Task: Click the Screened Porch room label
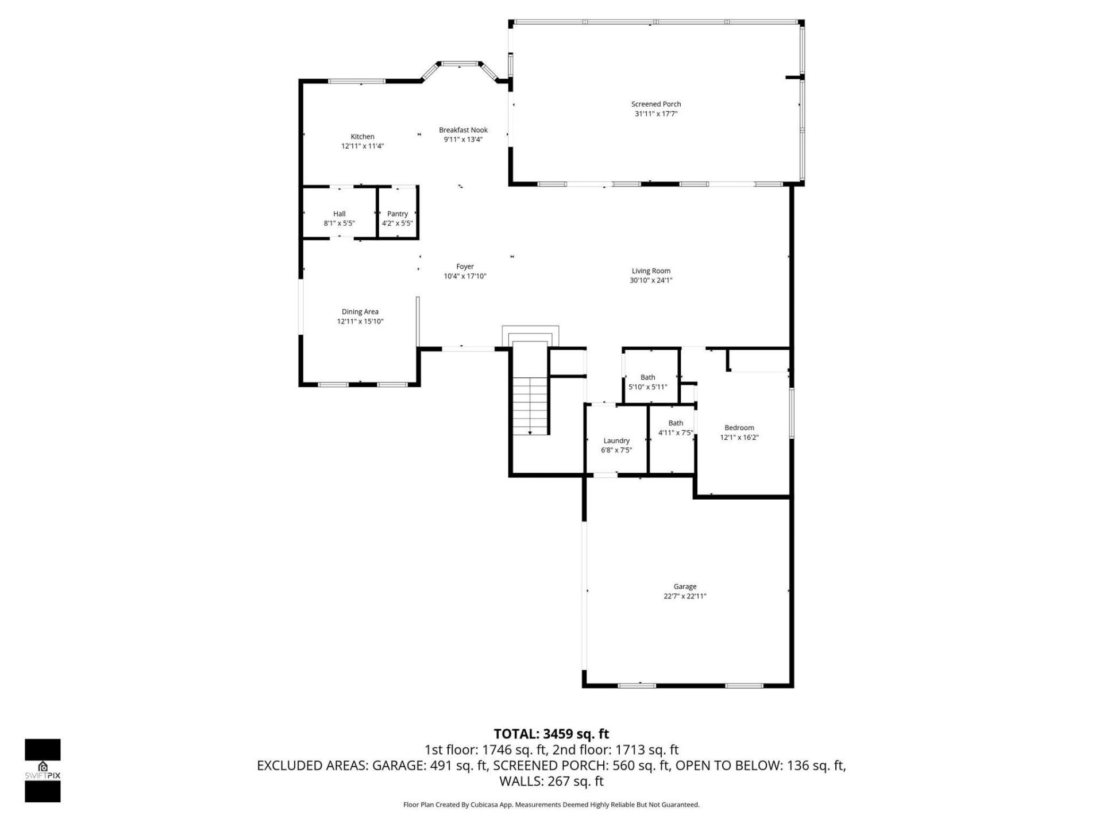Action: (655, 104)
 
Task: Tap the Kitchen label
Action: (362, 137)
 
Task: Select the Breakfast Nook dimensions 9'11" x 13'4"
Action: (463, 140)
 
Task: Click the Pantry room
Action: (398, 218)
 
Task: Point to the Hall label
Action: (339, 214)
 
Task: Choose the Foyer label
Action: (465, 266)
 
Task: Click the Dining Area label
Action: (360, 312)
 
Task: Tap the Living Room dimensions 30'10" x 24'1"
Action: (651, 281)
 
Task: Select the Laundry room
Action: (616, 445)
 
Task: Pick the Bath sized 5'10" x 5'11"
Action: (648, 382)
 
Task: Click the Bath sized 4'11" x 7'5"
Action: (675, 428)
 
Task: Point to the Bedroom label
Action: (739, 428)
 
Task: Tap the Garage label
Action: (685, 586)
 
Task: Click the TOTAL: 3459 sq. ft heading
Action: (551, 734)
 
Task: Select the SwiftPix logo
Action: (43, 770)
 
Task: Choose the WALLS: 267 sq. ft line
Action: (551, 781)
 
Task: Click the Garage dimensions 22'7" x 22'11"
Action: (685, 596)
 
